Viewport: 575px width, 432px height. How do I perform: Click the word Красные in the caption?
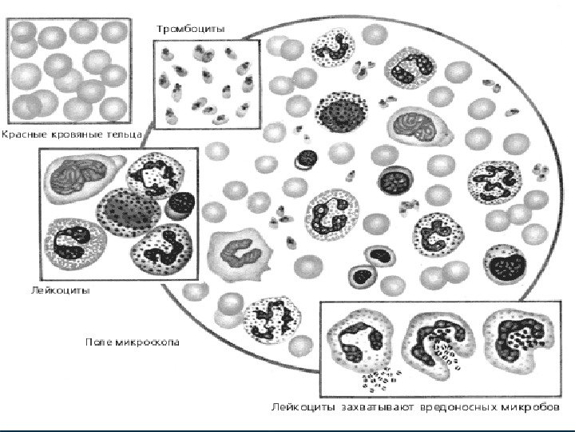click(24, 135)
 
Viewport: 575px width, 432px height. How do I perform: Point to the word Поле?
click(99, 342)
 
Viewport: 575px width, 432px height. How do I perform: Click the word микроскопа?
click(148, 342)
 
